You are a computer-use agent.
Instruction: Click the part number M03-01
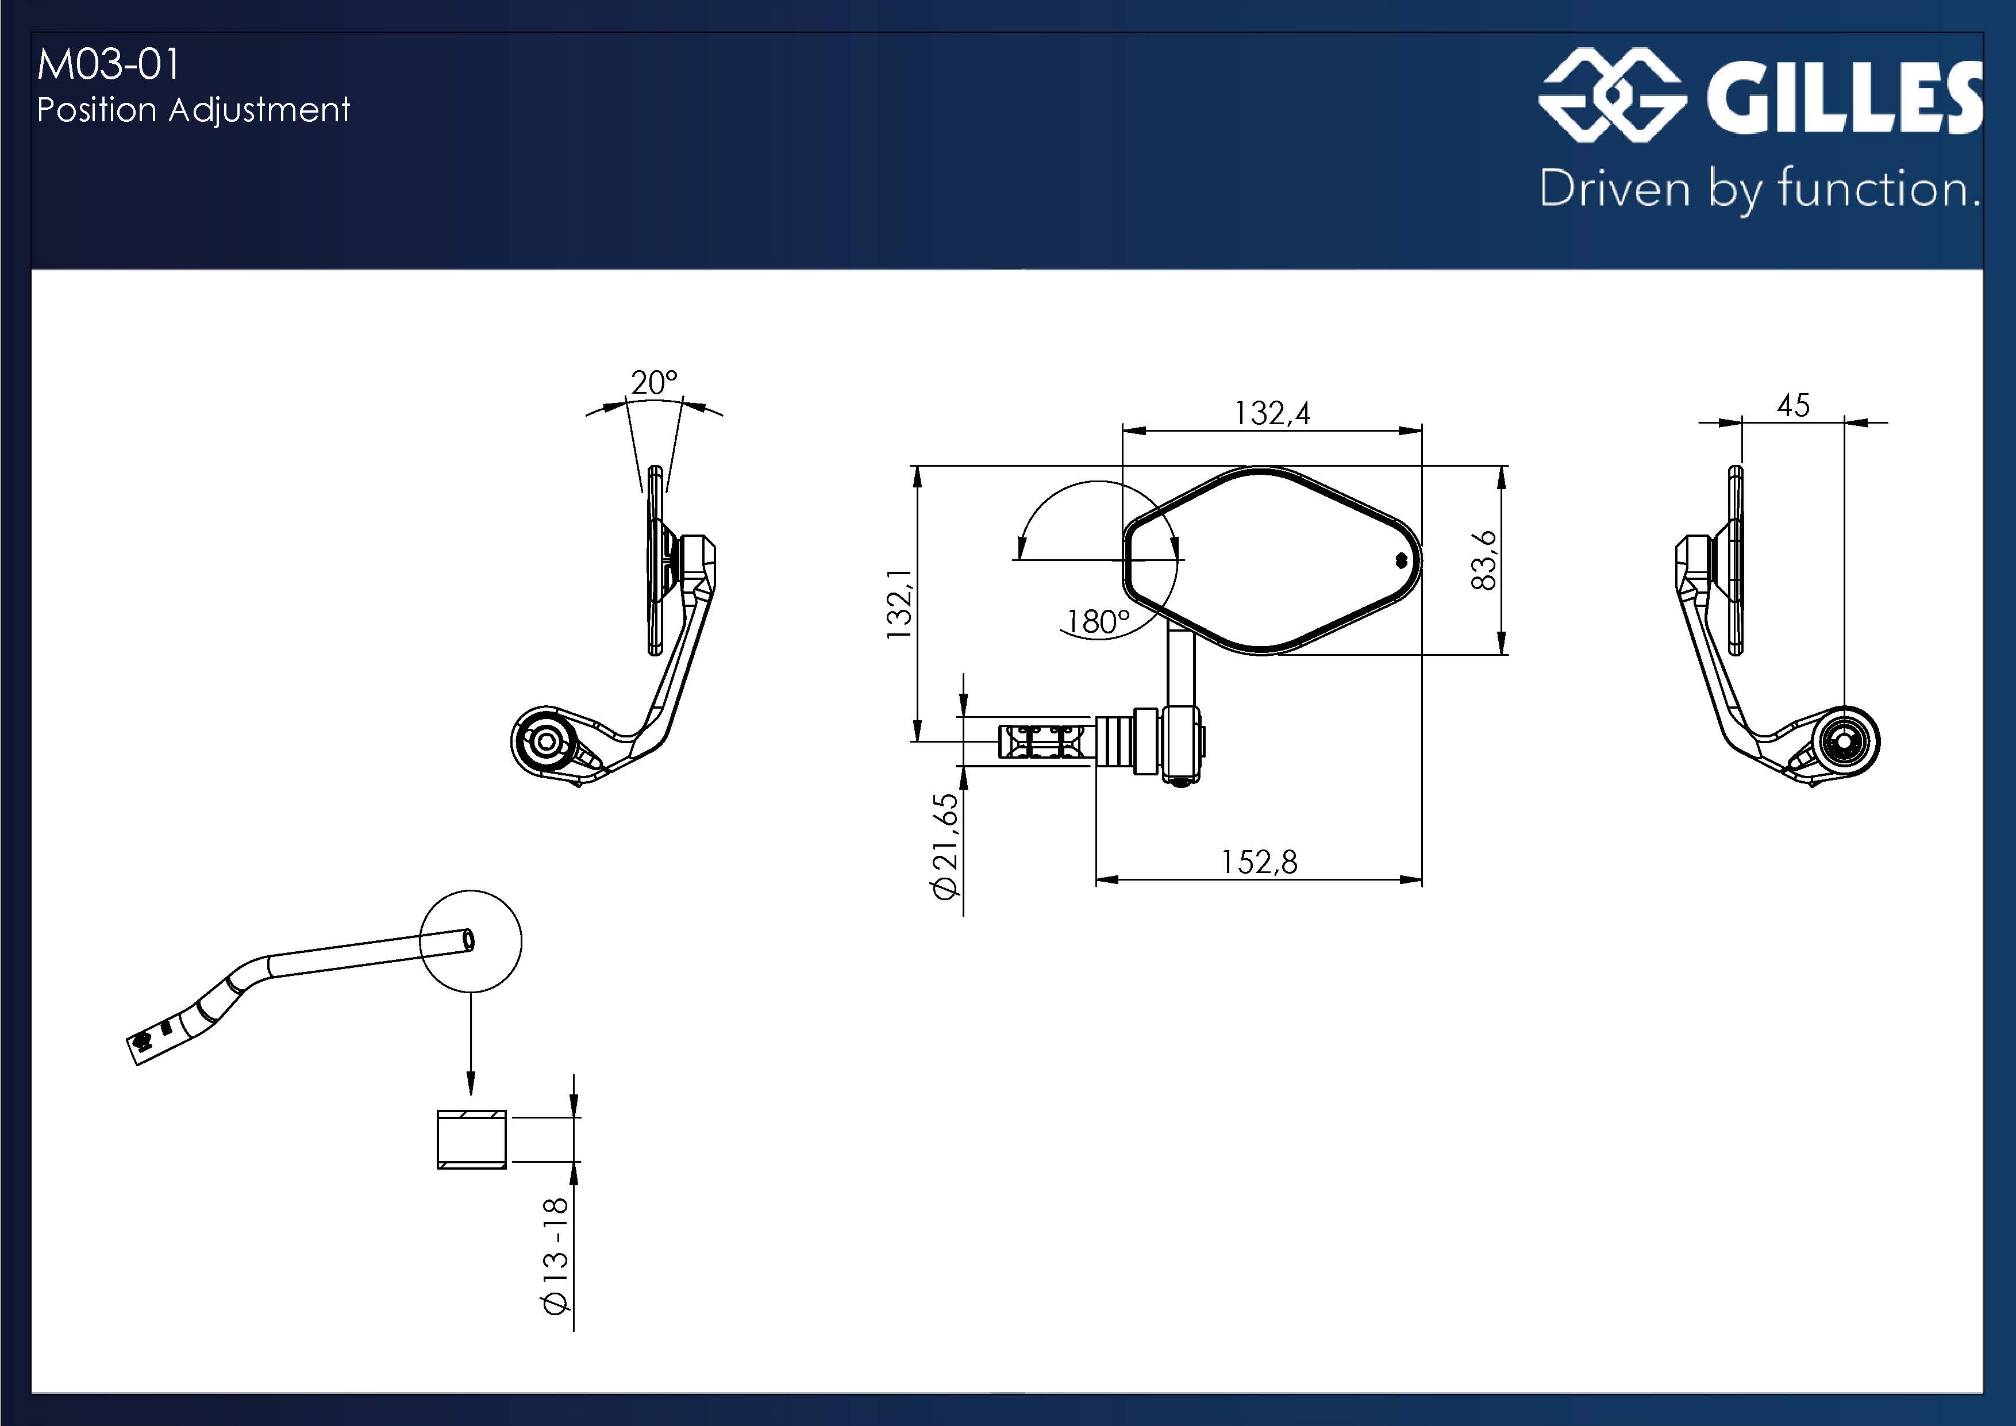[108, 65]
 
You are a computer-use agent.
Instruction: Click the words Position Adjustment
[193, 110]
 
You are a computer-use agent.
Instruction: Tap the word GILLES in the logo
[1844, 98]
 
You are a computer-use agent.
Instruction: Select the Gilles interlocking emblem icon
[1612, 95]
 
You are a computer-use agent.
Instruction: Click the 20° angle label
[654, 383]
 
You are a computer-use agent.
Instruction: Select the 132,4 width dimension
[1272, 413]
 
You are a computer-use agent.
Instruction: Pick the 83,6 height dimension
[1484, 560]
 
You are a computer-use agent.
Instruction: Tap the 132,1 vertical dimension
[900, 604]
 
